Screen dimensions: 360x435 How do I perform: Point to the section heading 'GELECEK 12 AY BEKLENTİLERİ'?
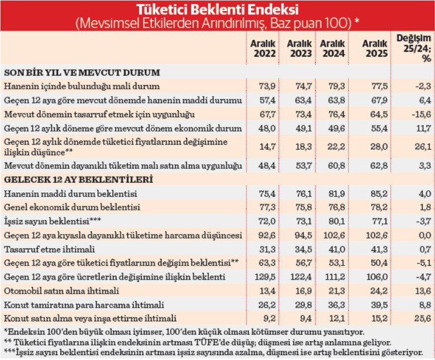79,179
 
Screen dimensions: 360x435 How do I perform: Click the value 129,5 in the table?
262,277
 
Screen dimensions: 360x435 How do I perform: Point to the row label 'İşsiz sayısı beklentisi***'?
45,221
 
